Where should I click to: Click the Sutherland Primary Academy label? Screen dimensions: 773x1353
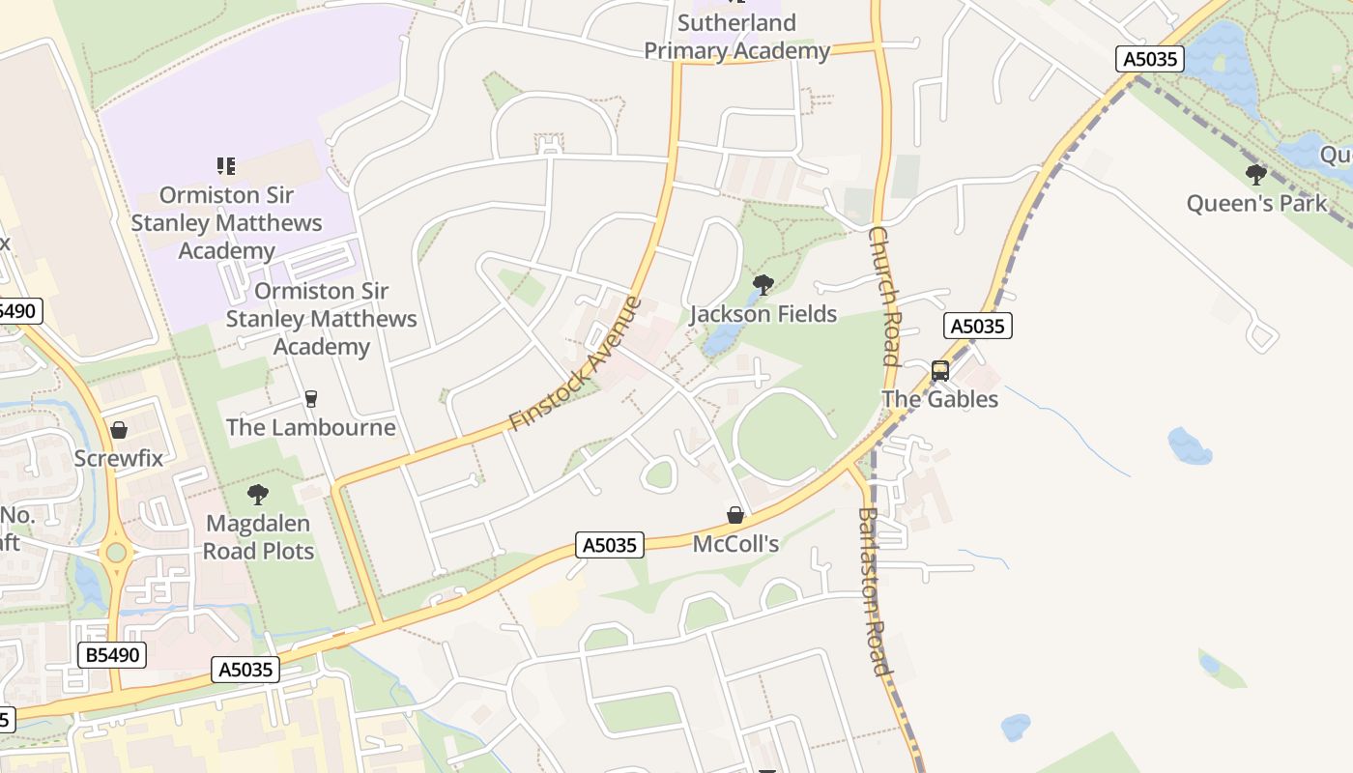click(736, 37)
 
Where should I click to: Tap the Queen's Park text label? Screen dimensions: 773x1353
click(1256, 203)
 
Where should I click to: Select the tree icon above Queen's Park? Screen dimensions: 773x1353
click(1256, 175)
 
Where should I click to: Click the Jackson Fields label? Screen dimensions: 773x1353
click(763, 314)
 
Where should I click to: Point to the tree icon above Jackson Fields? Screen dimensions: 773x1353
click(763, 285)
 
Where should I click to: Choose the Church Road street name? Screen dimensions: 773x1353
click(884, 296)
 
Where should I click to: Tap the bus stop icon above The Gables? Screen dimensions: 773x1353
click(939, 371)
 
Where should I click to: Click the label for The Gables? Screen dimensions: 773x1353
click(939, 399)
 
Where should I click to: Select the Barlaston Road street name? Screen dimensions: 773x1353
click(873, 591)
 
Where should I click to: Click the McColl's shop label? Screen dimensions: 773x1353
click(735, 544)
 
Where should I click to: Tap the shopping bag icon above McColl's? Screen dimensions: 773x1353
click(735, 515)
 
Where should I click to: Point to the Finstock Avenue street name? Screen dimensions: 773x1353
click(575, 364)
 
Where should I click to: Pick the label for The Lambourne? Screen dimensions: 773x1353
click(310, 427)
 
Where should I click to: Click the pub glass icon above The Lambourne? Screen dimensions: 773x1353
click(310, 398)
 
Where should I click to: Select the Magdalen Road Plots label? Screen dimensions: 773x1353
click(258, 537)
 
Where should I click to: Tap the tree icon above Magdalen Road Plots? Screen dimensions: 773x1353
click(258, 496)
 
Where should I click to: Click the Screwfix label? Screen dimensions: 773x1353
click(119, 458)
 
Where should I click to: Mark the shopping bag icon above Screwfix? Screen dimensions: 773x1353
click(119, 430)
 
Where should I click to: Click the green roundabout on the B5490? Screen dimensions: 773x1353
click(117, 553)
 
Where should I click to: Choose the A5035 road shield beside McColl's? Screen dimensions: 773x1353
click(610, 545)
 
